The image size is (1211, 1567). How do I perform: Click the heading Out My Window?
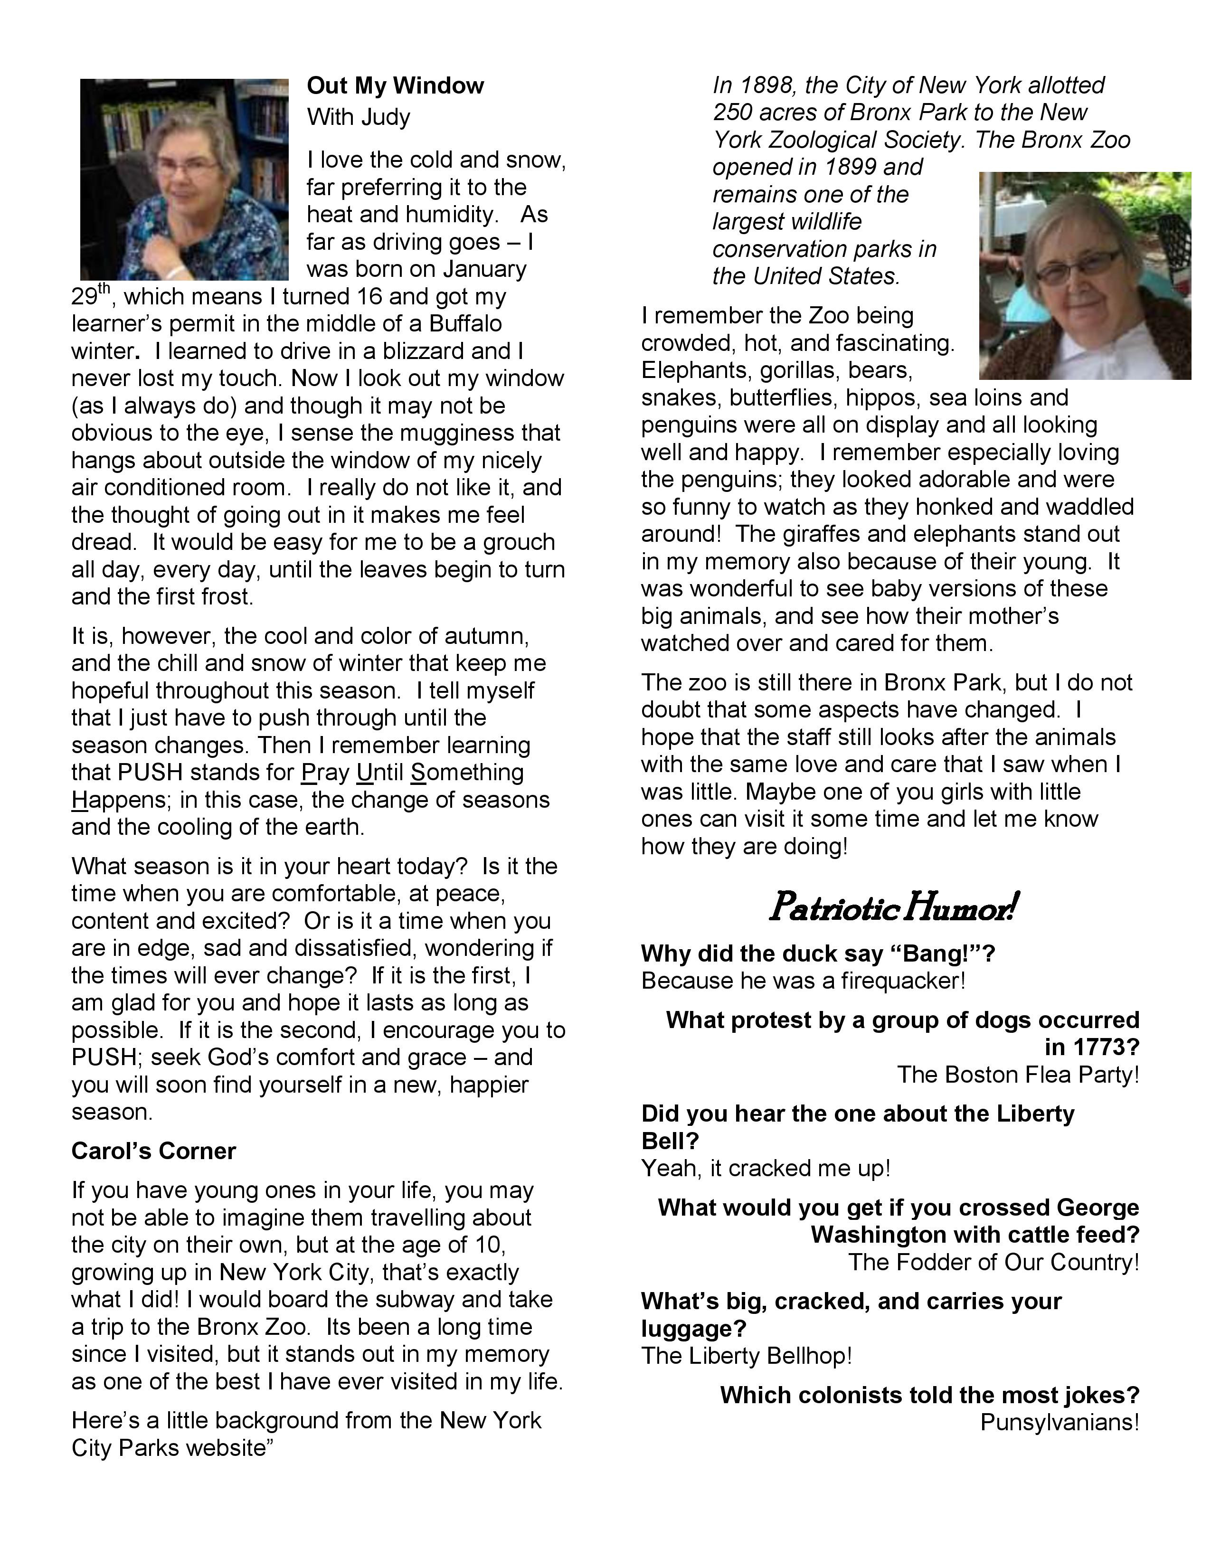(x=395, y=86)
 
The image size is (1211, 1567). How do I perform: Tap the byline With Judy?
(x=358, y=117)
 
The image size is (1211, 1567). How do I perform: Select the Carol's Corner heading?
(x=153, y=1151)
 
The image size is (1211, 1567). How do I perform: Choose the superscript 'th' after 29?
(x=105, y=288)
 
